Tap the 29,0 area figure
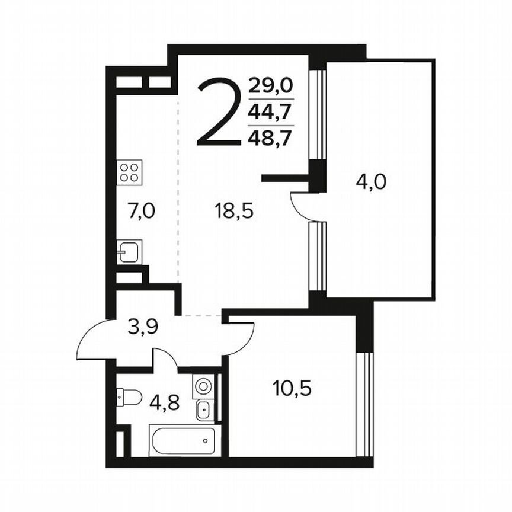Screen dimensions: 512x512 coord(270,87)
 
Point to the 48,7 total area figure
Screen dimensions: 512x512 coord(270,138)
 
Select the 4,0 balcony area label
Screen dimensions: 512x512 coord(370,181)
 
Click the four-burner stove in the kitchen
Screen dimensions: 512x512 coord(129,172)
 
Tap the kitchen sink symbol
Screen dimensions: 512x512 coord(129,252)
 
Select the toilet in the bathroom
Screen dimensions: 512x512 coord(128,396)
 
